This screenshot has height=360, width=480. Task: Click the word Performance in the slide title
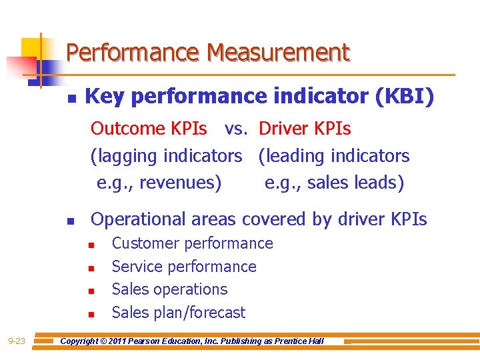pyautogui.click(x=134, y=52)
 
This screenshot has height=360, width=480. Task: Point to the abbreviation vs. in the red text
pyautogui.click(x=237, y=128)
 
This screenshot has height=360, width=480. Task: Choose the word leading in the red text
pyautogui.click(x=297, y=156)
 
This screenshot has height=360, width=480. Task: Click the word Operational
pyautogui.click(x=138, y=219)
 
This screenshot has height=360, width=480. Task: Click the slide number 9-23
pyautogui.click(x=17, y=341)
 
